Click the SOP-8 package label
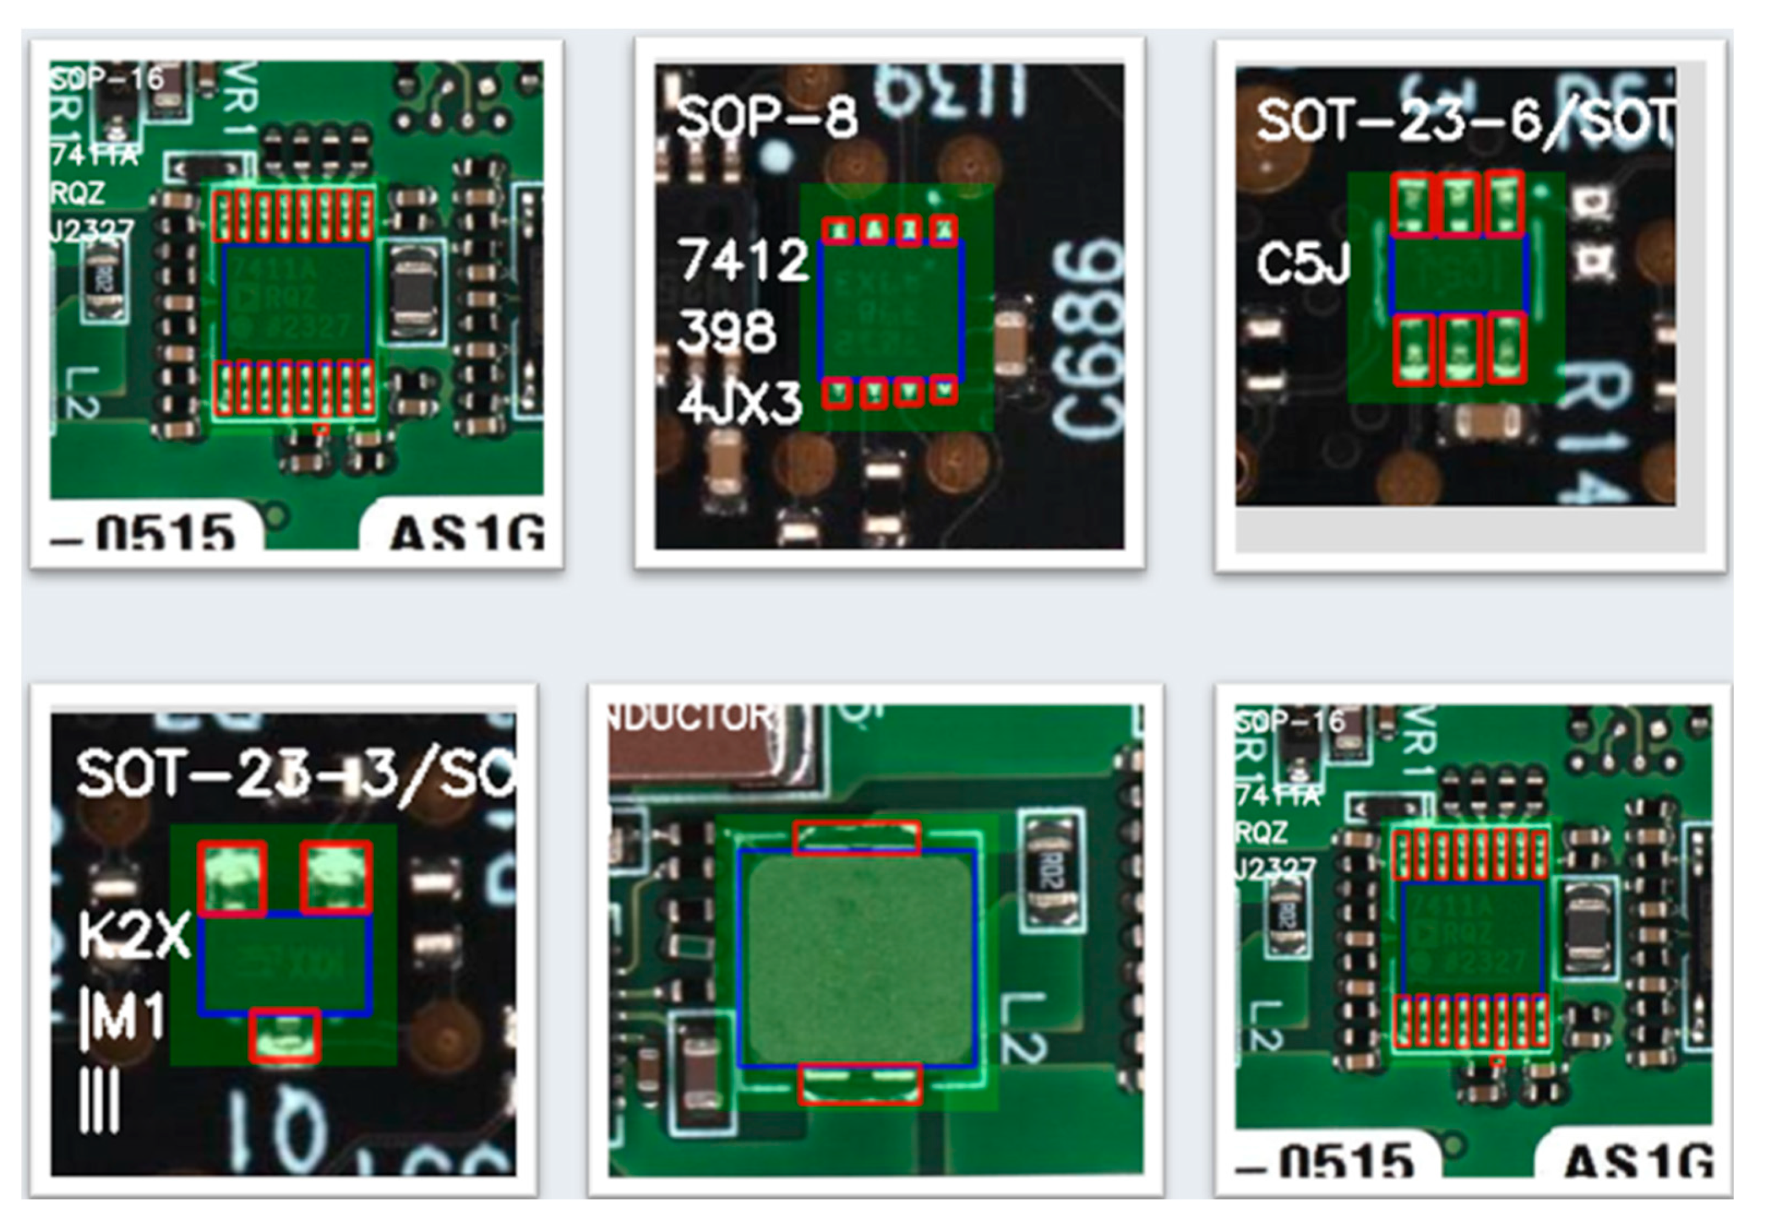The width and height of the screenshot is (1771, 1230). [766, 117]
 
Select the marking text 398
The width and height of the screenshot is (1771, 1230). [726, 331]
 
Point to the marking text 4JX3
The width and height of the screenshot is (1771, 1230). [740, 403]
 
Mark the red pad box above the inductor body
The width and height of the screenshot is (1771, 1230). [857, 838]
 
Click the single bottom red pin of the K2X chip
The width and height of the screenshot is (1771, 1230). [285, 1035]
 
